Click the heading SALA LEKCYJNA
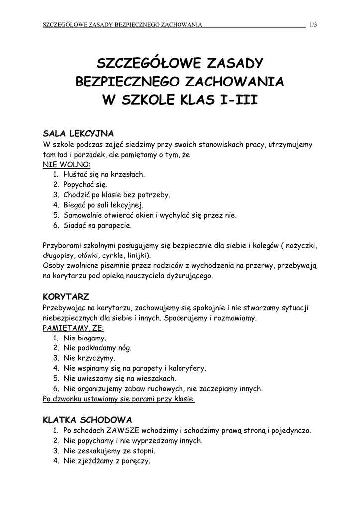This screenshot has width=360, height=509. pyautogui.click(x=79, y=134)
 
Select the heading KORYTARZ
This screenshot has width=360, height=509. pyautogui.click(x=66, y=297)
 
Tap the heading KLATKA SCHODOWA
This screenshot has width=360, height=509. pyautogui.click(x=88, y=420)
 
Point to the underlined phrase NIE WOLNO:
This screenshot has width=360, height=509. pyautogui.click(x=67, y=165)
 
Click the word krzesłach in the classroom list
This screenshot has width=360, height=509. pyautogui.click(x=128, y=175)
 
